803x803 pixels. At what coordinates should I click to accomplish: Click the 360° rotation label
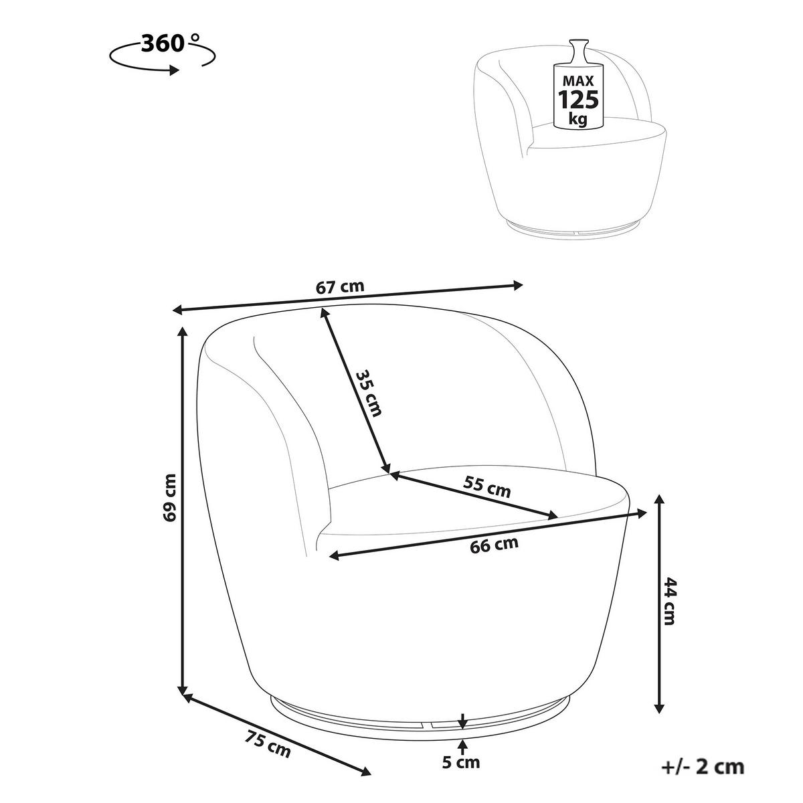[169, 43]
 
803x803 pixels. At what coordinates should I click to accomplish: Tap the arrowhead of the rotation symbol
[175, 70]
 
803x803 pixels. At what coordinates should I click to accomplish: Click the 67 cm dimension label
[340, 288]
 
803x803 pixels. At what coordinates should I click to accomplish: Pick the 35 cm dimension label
[368, 393]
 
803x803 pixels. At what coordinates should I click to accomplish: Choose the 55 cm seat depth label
[486, 486]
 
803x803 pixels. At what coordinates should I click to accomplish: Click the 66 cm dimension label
[495, 545]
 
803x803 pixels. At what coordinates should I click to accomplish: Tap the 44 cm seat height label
[668, 601]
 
